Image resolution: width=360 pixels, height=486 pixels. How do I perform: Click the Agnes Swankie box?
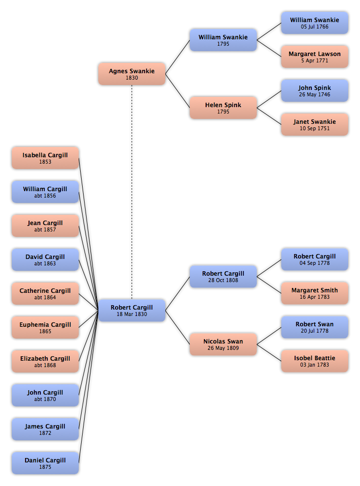pyautogui.click(x=132, y=74)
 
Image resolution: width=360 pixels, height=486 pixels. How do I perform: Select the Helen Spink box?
pyautogui.click(x=223, y=108)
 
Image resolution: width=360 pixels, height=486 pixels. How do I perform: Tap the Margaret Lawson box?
pyautogui.click(x=315, y=57)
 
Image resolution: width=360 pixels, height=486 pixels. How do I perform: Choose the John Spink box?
pyautogui.click(x=315, y=90)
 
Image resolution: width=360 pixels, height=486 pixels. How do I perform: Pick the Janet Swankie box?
pyautogui.click(x=315, y=124)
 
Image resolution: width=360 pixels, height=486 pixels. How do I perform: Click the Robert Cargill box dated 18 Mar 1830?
pyautogui.click(x=132, y=310)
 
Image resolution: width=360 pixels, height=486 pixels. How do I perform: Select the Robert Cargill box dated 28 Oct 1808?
pyautogui.click(x=223, y=277)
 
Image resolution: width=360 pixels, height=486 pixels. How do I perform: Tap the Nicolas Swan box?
pyautogui.click(x=223, y=344)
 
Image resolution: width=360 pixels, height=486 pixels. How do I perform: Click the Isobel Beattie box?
pyautogui.click(x=315, y=361)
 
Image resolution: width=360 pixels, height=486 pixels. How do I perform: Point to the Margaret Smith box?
pyautogui.click(x=315, y=293)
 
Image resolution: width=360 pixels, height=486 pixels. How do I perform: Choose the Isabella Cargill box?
pyautogui.click(x=45, y=158)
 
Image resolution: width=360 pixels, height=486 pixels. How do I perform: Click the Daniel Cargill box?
pyautogui.click(x=45, y=463)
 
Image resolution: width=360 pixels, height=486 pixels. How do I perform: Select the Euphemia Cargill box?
pyautogui.click(x=45, y=327)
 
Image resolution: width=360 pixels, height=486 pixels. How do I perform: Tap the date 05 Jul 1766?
pyautogui.click(x=315, y=27)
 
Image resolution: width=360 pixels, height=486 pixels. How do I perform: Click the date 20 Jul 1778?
pyautogui.click(x=315, y=331)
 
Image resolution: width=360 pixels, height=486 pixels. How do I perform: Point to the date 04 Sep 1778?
pyautogui.click(x=315, y=263)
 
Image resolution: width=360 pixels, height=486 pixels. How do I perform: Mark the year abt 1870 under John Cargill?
pyautogui.click(x=45, y=399)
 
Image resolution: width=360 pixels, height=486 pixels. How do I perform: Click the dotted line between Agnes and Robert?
pyautogui.click(x=132, y=192)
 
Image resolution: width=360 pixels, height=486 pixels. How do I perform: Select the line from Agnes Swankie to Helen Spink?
pyautogui.click(x=178, y=91)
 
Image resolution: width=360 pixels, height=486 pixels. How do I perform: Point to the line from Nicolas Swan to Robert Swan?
pyautogui.click(x=269, y=336)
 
